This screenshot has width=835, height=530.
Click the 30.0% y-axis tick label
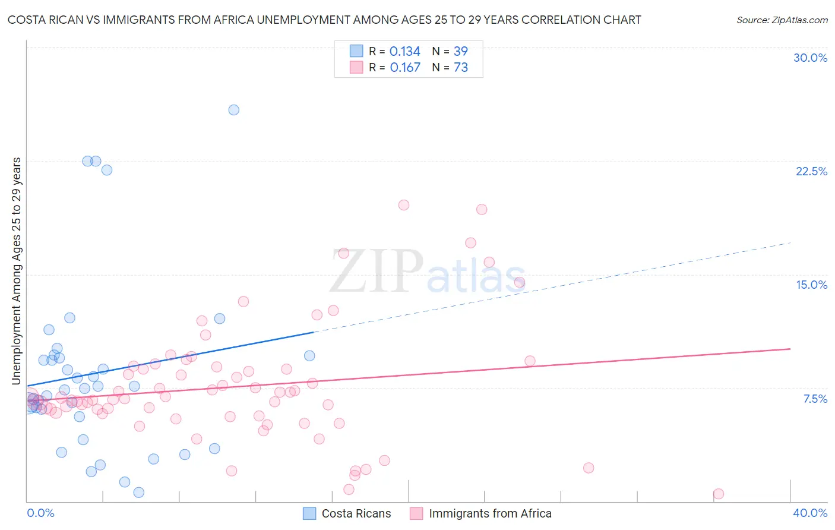pos(810,58)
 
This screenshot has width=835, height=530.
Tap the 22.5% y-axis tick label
pos(811,171)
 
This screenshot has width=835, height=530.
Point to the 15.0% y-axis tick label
pos(811,285)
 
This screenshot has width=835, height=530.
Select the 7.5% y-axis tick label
pos(815,399)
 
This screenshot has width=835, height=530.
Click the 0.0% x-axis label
pos(40,513)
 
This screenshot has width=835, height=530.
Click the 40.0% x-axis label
pos(809,513)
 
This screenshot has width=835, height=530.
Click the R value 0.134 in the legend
pos(405,52)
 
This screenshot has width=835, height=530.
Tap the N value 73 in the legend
pos(461,68)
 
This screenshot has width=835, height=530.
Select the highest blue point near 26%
pos(234,110)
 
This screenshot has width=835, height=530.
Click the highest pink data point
pos(404,205)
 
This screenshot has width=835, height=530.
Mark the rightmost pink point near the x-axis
pos(718,494)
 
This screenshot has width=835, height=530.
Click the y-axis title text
pos(16,271)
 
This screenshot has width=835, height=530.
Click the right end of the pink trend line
pos(789,349)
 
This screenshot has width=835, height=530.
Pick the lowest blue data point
pos(139,492)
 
